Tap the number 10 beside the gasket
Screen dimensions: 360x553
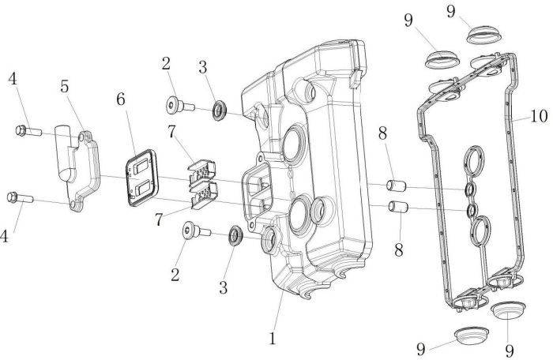pyautogui.click(x=538, y=117)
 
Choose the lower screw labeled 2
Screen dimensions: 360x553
pyautogui.click(x=189, y=230)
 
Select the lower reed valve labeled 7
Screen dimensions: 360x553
pyautogui.click(x=204, y=193)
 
